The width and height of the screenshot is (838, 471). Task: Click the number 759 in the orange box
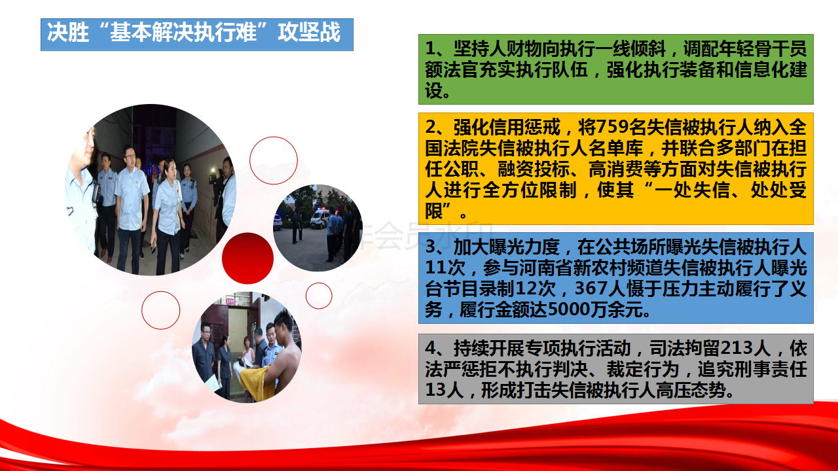coord(612,127)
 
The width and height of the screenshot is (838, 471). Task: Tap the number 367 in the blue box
coord(591,288)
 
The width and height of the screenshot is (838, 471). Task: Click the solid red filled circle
coord(247,258)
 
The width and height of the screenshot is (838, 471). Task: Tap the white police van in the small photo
coord(320,218)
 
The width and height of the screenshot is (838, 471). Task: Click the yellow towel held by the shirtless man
coord(257,383)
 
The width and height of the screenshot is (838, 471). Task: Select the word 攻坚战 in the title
coord(309,32)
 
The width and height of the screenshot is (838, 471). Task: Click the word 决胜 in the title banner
coord(67,32)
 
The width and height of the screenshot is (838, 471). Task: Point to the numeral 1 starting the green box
coord(431,48)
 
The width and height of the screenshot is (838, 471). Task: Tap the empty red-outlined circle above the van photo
coord(274,160)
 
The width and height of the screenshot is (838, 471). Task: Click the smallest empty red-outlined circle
coord(319,296)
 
